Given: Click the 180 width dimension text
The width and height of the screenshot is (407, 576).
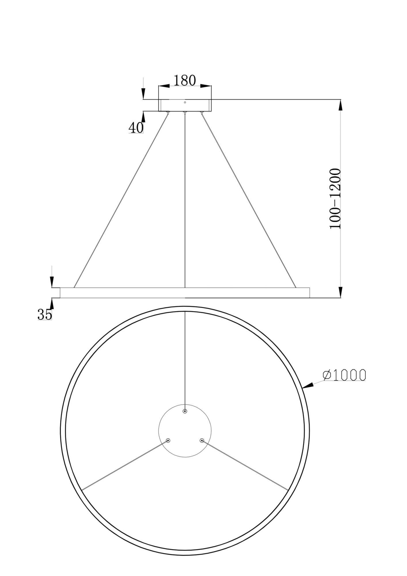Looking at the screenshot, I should pos(184,81).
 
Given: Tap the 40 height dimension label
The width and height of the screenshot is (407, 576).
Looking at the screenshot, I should pos(136,128).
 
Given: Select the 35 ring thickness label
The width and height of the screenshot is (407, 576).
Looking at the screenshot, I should pos(45,314).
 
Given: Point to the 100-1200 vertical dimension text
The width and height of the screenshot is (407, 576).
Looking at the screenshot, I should pos(335,199).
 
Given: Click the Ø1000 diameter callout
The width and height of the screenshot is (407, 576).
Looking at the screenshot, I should pos(344,375).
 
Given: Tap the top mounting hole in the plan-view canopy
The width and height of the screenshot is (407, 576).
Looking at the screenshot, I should pos(185,411).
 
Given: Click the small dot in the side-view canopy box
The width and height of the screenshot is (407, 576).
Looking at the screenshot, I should pos(185,102).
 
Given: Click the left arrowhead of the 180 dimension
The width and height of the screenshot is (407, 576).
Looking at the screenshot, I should pos(164,86).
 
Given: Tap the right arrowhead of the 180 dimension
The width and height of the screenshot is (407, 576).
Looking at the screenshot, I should pos(206,86).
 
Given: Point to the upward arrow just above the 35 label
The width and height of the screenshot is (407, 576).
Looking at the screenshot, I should pos(52,304).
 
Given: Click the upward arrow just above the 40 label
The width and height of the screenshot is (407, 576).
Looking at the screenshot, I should pos(143,116).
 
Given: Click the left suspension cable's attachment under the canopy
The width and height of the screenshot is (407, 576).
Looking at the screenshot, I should pos(168,113).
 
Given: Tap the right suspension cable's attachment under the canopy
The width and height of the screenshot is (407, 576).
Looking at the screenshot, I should pos(202,113).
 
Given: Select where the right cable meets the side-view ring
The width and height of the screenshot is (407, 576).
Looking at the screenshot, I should pos(296,287).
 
